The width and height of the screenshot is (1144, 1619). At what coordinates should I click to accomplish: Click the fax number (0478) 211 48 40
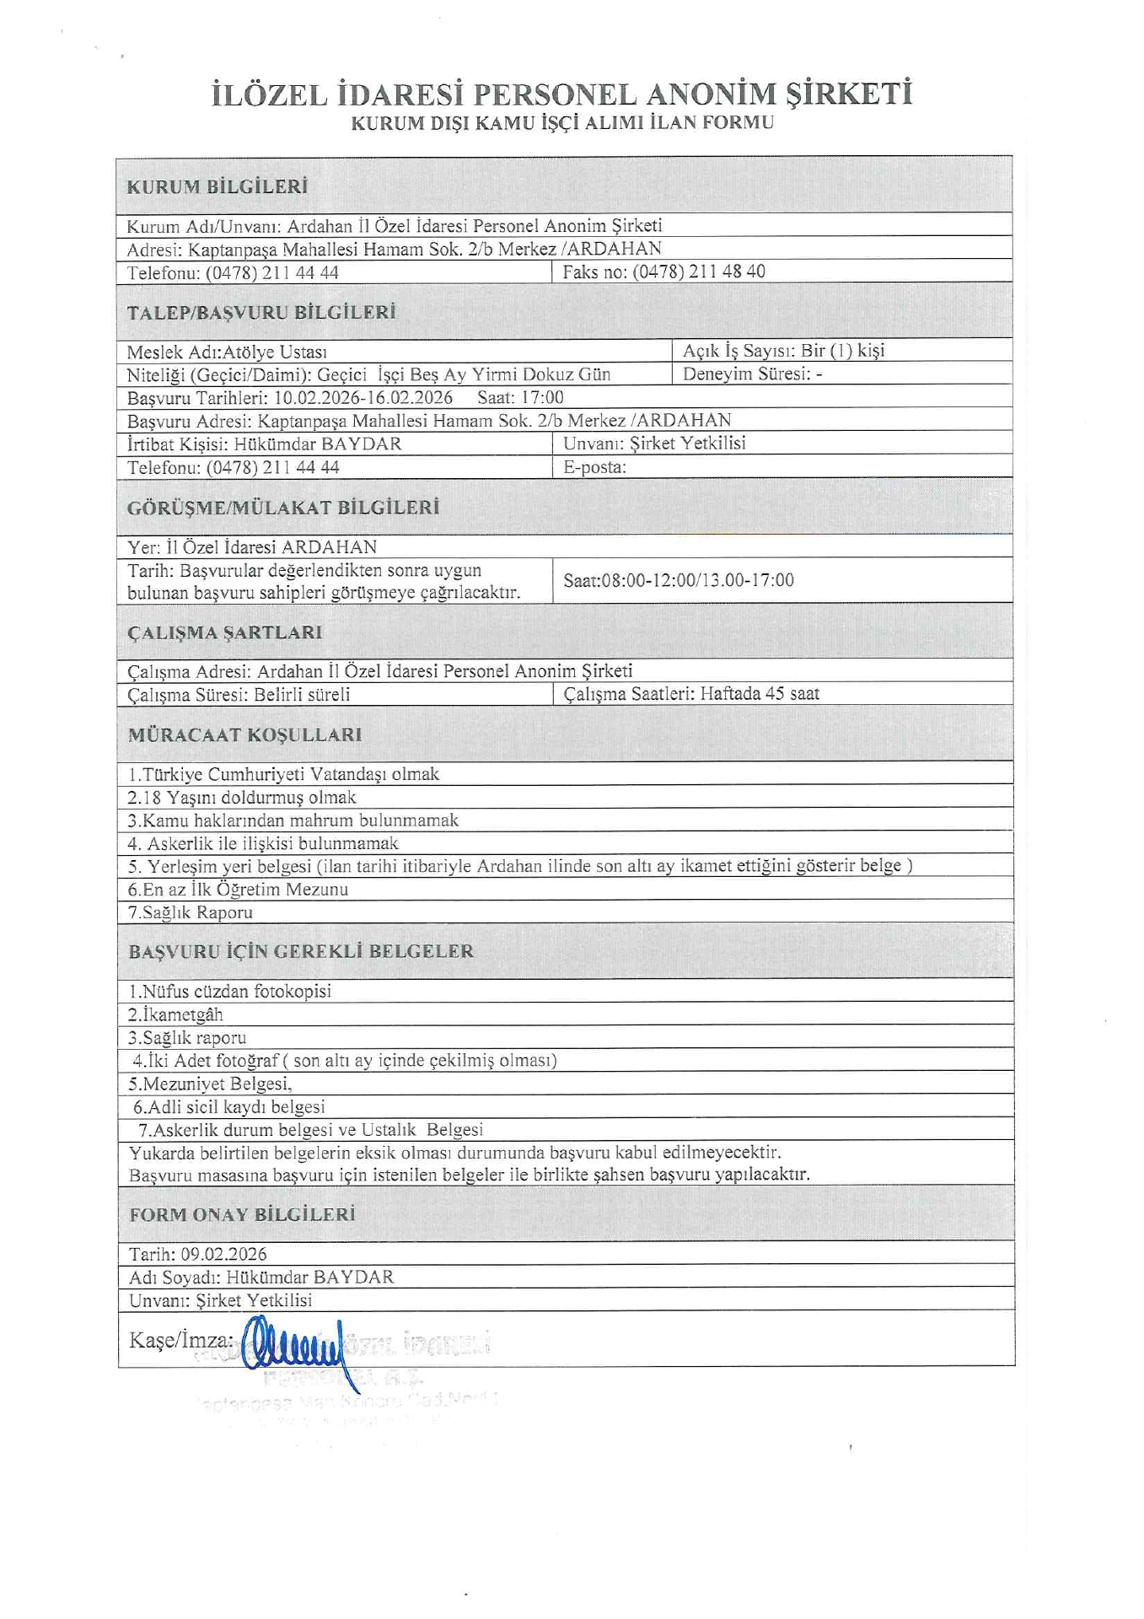(699, 272)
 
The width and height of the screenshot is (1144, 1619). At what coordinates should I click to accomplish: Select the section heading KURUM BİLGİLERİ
(217, 187)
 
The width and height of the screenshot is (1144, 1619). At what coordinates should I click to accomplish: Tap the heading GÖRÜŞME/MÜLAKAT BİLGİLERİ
(283, 508)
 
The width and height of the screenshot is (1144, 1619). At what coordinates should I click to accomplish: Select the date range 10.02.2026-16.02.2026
(363, 397)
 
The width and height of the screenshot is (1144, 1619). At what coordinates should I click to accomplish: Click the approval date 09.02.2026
(223, 1254)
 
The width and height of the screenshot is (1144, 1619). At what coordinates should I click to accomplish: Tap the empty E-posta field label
(594, 467)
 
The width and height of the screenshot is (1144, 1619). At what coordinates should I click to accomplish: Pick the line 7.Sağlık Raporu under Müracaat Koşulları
(190, 912)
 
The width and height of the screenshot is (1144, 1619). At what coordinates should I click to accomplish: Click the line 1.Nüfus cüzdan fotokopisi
(229, 991)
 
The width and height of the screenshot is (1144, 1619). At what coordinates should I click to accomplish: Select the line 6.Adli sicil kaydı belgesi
(228, 1106)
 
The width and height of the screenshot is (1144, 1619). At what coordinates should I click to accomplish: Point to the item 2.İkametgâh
(175, 1014)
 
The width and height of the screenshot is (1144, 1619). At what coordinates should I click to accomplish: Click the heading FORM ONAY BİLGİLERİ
(242, 1214)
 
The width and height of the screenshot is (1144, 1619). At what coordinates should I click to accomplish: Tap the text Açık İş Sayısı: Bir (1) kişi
(783, 351)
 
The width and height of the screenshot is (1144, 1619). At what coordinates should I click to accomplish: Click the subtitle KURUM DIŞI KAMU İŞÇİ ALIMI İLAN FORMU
(562, 123)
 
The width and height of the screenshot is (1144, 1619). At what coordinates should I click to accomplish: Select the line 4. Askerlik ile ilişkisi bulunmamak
(263, 843)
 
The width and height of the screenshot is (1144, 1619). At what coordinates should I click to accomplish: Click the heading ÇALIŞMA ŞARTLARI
(224, 632)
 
